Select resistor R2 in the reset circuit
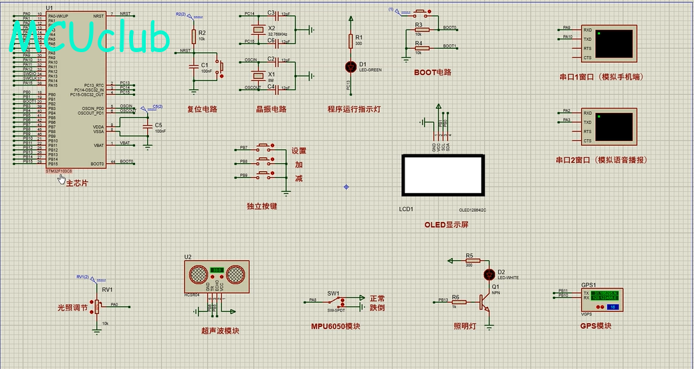pyautogui.click(x=194, y=36)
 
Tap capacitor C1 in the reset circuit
pyautogui.click(x=194, y=67)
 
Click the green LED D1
pyautogui.click(x=350, y=66)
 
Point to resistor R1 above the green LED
pyautogui.click(x=350, y=41)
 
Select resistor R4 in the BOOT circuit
pyautogui.click(x=421, y=48)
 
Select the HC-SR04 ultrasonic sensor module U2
pyautogui.click(x=217, y=276)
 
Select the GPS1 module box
pyautogui.click(x=599, y=299)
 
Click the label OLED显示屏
pyautogui.click(x=446, y=225)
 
